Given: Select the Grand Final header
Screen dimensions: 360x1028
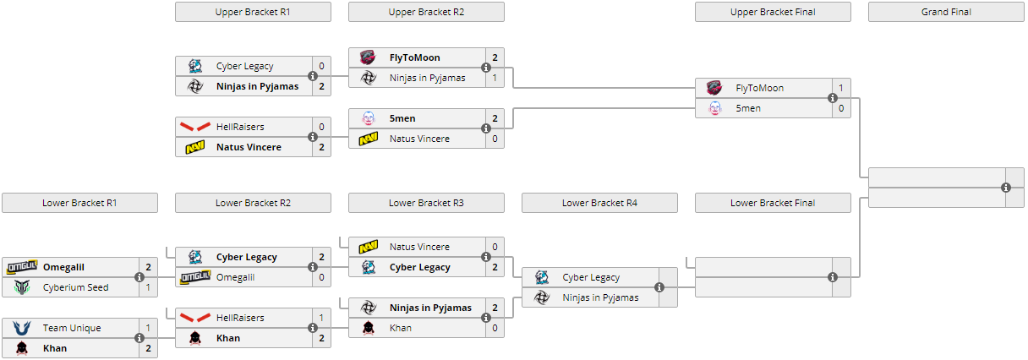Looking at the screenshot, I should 946,12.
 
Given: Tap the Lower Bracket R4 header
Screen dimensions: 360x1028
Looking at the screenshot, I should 599,203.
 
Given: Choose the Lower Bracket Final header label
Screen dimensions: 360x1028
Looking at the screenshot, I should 773,203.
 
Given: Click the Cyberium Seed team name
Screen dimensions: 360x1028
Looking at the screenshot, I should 75,287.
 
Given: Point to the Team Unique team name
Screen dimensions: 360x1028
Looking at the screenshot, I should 72,328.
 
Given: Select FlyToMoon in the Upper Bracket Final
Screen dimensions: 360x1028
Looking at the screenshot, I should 759,88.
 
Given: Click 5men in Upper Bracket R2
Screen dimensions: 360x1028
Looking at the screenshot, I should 402,118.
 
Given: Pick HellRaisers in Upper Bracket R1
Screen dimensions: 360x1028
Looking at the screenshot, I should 240,127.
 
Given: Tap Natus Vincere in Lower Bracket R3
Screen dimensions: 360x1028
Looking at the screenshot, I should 419,247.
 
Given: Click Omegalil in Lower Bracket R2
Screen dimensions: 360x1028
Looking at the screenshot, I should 235,277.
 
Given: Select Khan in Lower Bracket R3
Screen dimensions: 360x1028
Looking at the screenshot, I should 401,328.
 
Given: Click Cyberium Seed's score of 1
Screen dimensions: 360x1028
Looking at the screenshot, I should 149,287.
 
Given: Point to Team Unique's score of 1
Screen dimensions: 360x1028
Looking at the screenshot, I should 149,328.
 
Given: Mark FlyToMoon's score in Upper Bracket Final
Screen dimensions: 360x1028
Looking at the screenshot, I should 841,88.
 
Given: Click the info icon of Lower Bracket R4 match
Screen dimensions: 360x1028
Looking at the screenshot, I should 659,287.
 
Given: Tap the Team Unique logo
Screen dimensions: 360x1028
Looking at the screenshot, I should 21,328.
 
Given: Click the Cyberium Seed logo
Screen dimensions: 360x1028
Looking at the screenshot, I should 21,287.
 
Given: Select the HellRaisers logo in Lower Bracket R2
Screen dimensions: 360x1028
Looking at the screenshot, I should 194,318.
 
